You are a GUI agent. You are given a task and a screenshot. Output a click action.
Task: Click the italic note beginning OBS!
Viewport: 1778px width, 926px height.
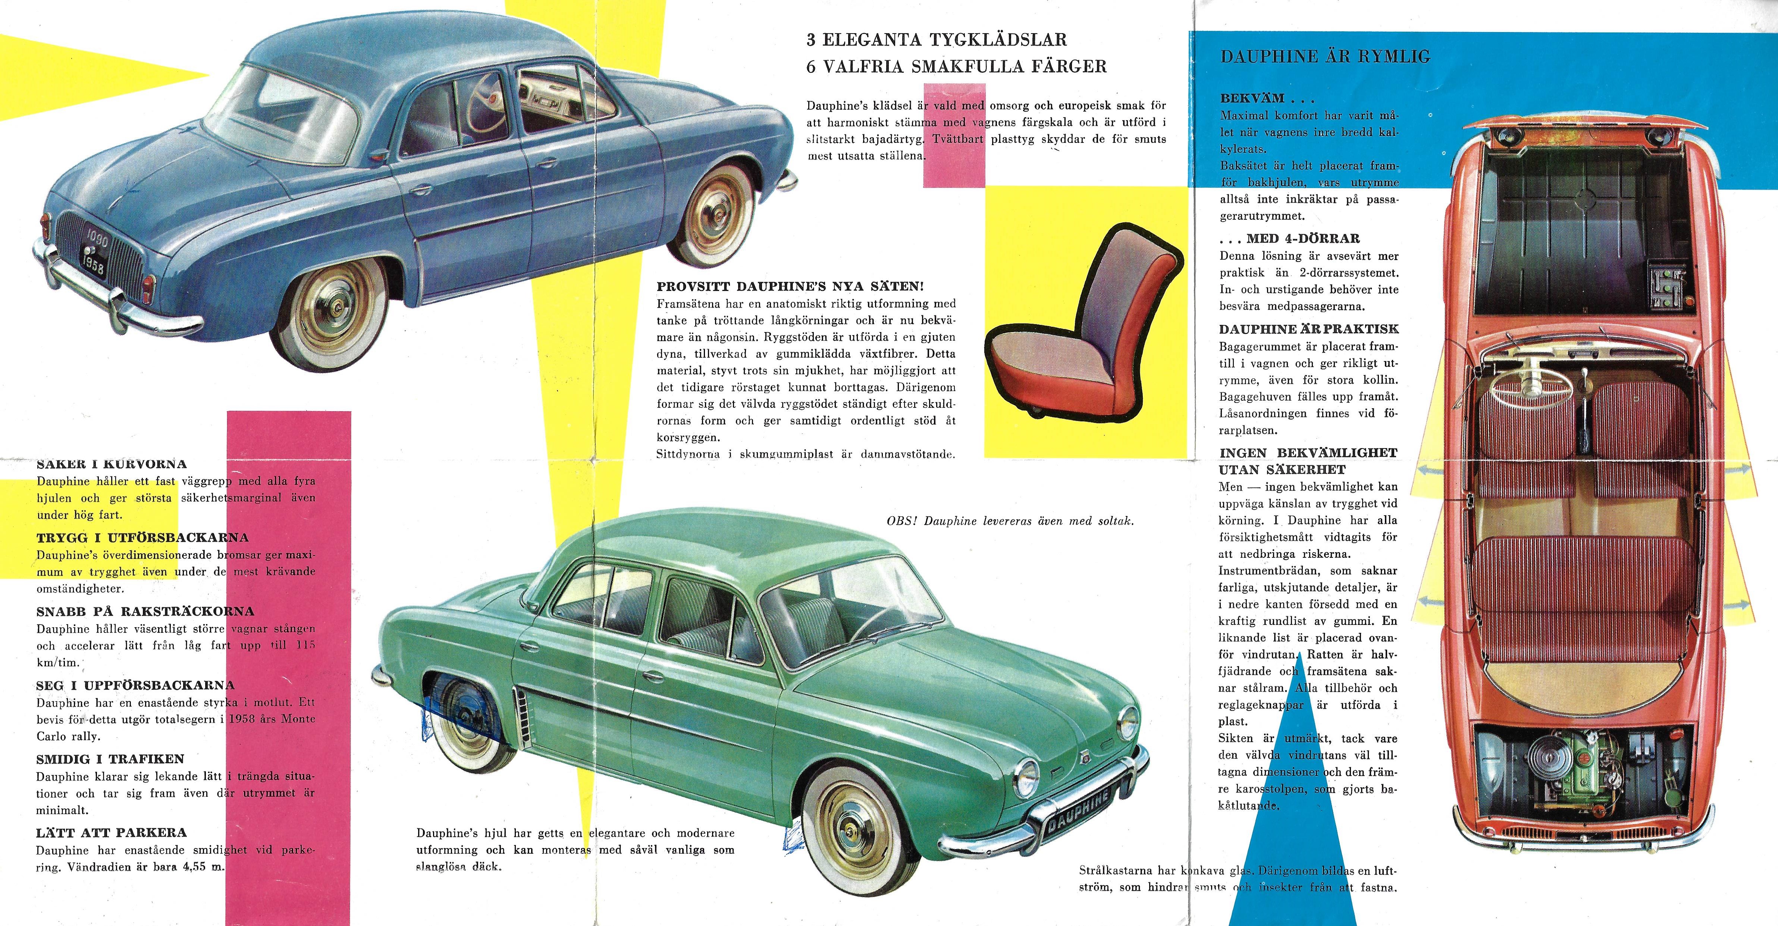pyautogui.click(x=1010, y=521)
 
